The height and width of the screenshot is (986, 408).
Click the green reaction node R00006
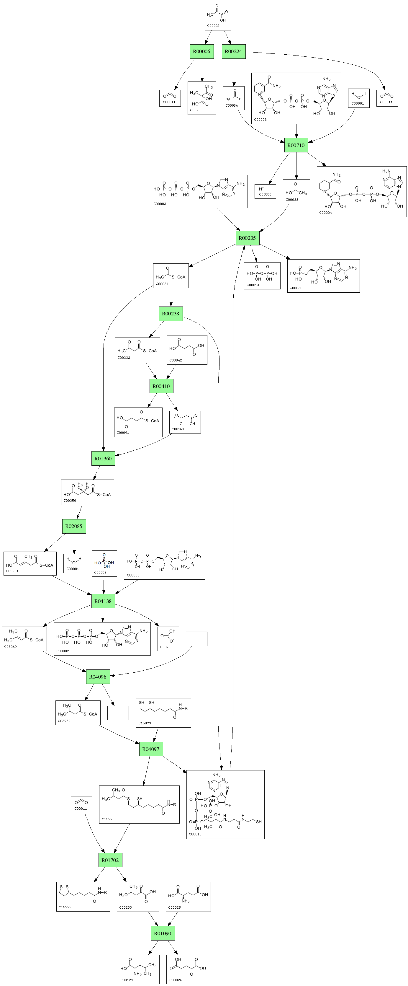pos(201,52)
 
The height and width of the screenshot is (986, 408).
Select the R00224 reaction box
pos(233,52)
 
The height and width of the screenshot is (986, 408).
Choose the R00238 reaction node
pos(171,314)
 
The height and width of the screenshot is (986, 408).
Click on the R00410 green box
pos(161,386)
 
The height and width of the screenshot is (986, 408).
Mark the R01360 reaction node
pos(103,459)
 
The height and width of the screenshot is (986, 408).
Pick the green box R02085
pos(74,526)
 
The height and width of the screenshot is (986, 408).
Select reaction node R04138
pos(103,601)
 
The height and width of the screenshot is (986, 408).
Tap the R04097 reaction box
pos(151,749)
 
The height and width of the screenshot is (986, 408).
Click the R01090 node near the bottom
pos(163,933)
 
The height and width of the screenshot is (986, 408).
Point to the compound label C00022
pos(213,26)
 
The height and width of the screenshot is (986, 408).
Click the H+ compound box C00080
pos(266,191)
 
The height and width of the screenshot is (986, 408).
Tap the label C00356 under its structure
pos(70,501)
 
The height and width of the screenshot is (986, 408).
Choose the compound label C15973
pos(145,723)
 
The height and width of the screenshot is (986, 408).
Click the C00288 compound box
pos(168,639)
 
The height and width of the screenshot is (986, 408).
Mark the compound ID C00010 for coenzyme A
pos(195,834)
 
